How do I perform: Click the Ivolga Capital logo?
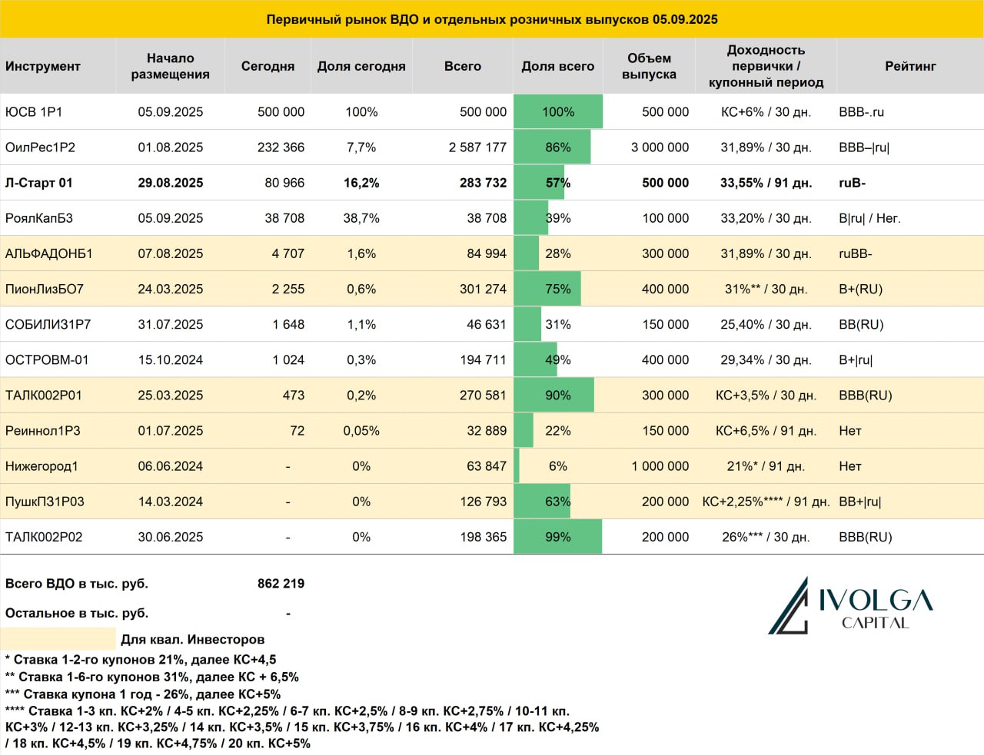[x=850, y=605]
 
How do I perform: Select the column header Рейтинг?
[x=910, y=66]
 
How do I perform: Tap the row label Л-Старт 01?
[x=38, y=183]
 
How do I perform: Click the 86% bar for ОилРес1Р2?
[x=552, y=147]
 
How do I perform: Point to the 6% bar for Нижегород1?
[x=517, y=466]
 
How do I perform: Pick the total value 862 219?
[x=281, y=584]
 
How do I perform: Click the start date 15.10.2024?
[x=170, y=360]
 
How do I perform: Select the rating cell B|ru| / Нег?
[x=869, y=218]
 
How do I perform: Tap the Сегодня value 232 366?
[x=281, y=147]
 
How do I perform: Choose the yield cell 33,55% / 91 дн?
[x=766, y=183]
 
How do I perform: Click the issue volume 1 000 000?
[x=660, y=466]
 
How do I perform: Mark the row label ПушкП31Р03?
[x=45, y=502]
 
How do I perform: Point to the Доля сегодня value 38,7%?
[x=361, y=218]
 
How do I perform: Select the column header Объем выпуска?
[x=649, y=66]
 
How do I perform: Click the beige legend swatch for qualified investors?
[x=58, y=638]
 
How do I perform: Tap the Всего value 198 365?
[x=484, y=537]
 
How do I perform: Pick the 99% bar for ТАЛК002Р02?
[x=558, y=537]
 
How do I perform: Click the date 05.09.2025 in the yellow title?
[x=685, y=19]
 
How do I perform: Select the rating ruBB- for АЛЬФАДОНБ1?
[x=855, y=253]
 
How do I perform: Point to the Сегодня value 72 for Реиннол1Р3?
[x=297, y=431]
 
